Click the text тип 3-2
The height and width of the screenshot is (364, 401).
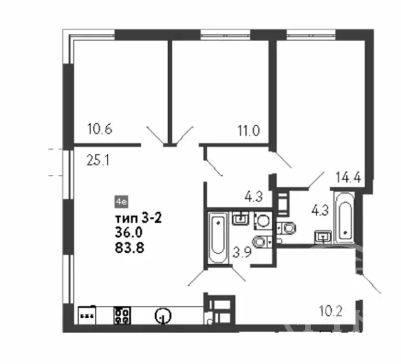pos(139,218)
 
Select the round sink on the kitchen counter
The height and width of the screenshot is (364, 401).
pos(163,315)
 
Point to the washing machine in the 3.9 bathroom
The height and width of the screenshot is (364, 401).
pos(262,221)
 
